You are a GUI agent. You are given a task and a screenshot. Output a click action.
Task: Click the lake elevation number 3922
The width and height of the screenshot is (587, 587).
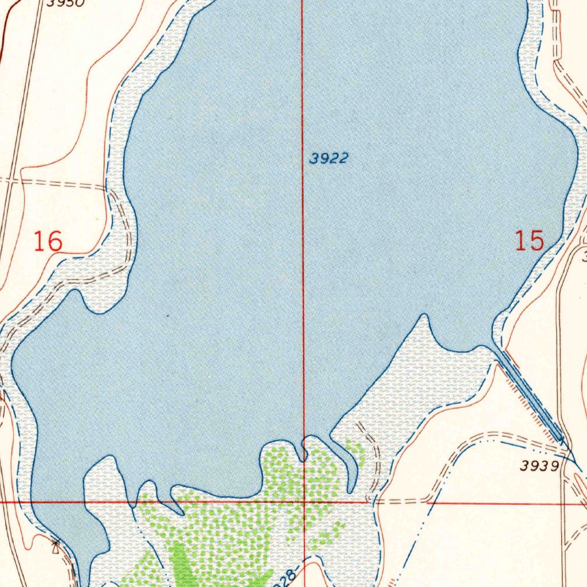(328, 159)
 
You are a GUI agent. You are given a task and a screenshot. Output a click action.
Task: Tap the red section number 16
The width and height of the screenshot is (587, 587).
(48, 241)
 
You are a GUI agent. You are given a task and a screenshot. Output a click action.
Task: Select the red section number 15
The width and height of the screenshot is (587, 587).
(529, 241)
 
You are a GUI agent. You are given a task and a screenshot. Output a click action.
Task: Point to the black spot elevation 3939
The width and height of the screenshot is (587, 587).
(539, 466)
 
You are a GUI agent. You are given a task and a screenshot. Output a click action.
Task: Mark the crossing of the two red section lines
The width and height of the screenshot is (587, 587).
(303, 502)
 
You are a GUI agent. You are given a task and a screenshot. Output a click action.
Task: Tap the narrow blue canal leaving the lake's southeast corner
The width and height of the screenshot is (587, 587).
(530, 395)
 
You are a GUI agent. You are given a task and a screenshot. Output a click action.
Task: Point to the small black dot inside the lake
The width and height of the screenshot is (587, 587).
(167, 315)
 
